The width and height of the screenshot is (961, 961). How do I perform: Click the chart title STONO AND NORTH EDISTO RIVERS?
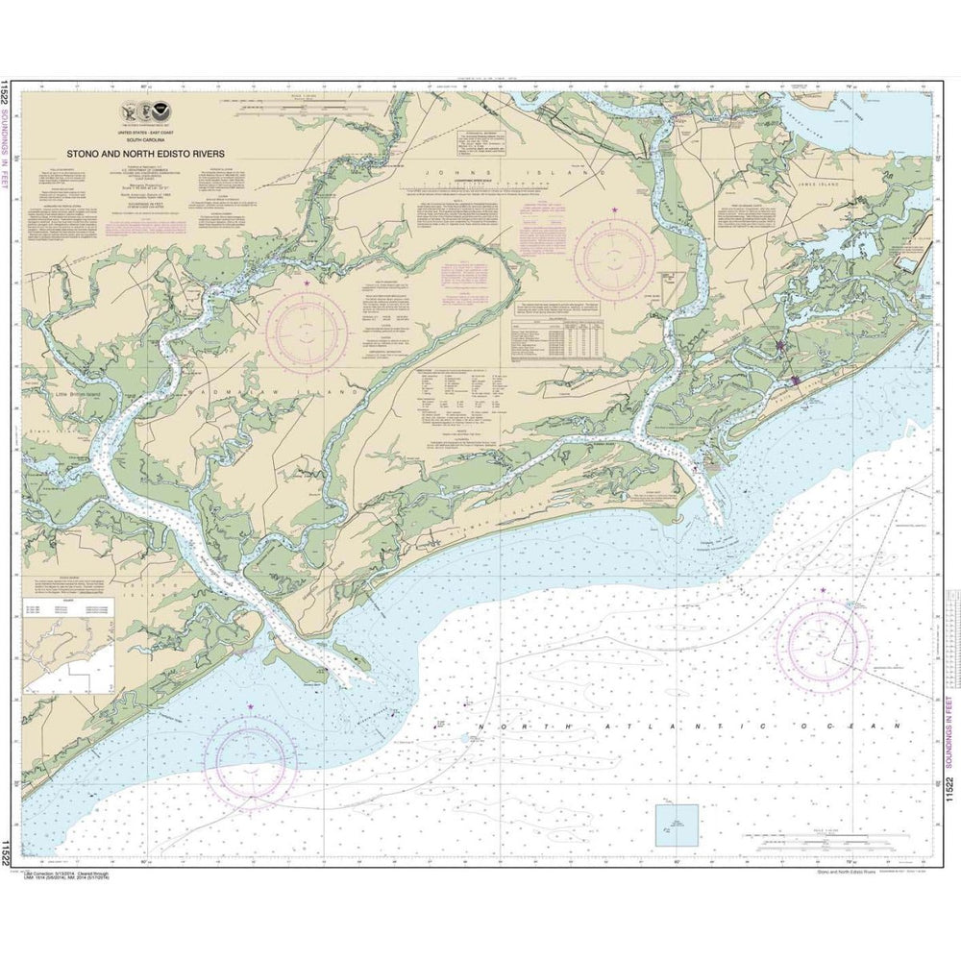coord(145,151)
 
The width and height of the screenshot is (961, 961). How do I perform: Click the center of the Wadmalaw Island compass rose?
coord(307,332)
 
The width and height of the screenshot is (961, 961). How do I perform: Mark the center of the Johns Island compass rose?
coord(615,256)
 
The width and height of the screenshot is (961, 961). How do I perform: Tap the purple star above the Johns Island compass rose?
coord(615,209)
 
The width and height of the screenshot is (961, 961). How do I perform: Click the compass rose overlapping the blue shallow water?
coord(251,758)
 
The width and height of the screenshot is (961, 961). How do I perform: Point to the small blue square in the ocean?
coord(677,825)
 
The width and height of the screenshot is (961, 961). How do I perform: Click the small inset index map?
coord(70,656)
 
